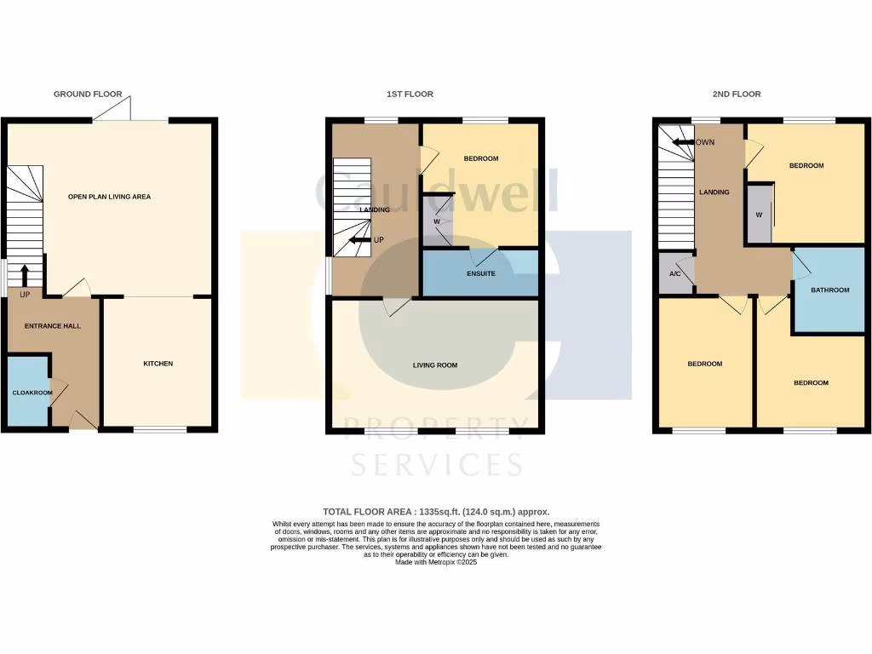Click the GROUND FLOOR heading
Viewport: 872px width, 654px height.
88,95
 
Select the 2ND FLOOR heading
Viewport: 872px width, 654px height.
737,95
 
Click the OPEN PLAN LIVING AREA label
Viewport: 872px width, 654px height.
109,197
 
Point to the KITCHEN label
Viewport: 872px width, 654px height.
158,364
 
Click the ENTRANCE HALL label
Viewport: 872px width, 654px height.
52,326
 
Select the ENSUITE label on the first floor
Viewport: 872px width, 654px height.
480,273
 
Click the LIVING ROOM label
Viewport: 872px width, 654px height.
435,365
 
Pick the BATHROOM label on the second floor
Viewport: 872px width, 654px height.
829,290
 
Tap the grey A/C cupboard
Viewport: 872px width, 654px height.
675,274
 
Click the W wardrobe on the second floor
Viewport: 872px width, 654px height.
759,215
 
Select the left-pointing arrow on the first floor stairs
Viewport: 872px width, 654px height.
359,240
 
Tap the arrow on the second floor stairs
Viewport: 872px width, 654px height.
684,142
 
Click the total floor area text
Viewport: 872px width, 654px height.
436,512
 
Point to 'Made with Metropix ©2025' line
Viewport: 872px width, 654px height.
436,563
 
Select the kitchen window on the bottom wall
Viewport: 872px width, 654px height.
160,430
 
